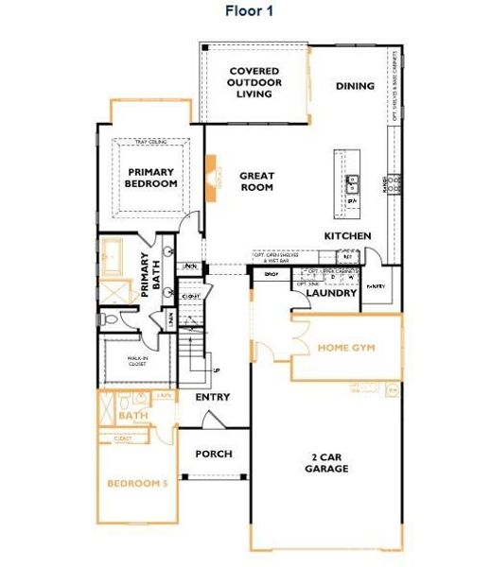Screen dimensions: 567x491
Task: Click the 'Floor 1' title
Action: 250,11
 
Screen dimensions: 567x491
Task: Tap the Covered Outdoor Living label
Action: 253,82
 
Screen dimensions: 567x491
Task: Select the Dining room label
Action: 355,86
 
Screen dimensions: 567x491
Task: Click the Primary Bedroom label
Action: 151,178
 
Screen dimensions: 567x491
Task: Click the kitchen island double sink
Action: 352,182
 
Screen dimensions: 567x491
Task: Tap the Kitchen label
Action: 347,235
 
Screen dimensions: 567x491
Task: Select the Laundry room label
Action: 331,293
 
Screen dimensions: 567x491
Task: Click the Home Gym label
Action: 346,348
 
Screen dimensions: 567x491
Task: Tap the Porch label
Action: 214,454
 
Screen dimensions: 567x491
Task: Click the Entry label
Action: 213,398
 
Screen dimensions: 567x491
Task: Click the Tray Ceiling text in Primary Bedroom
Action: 150,144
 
